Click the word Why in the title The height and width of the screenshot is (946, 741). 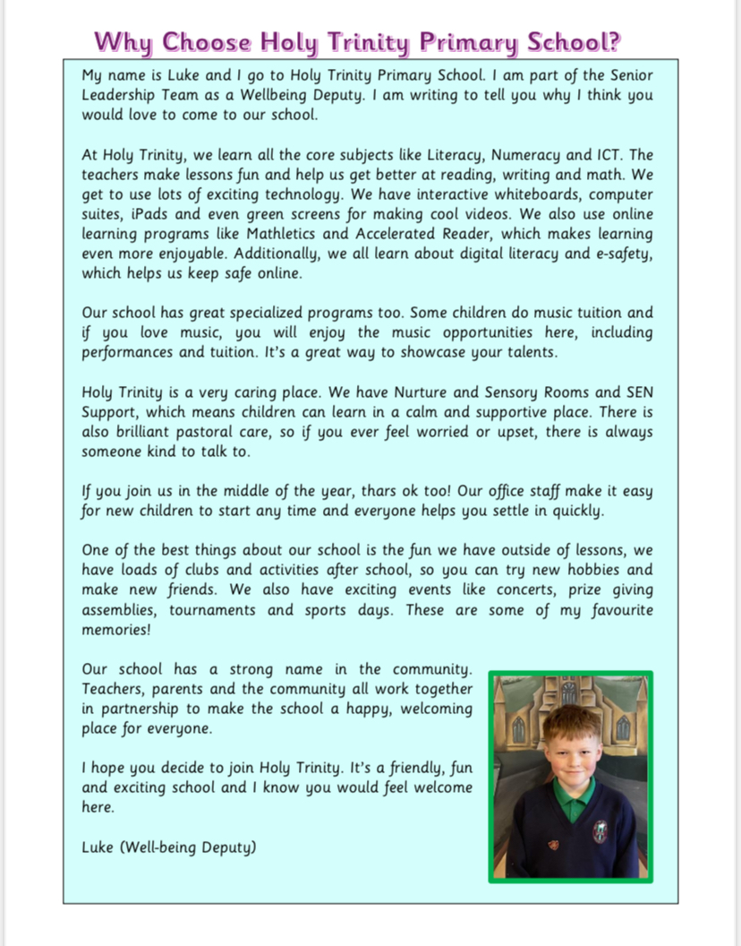click(124, 42)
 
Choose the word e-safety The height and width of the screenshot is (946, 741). click(617, 254)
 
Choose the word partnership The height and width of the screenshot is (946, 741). click(142, 709)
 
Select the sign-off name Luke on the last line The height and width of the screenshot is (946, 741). click(98, 846)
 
